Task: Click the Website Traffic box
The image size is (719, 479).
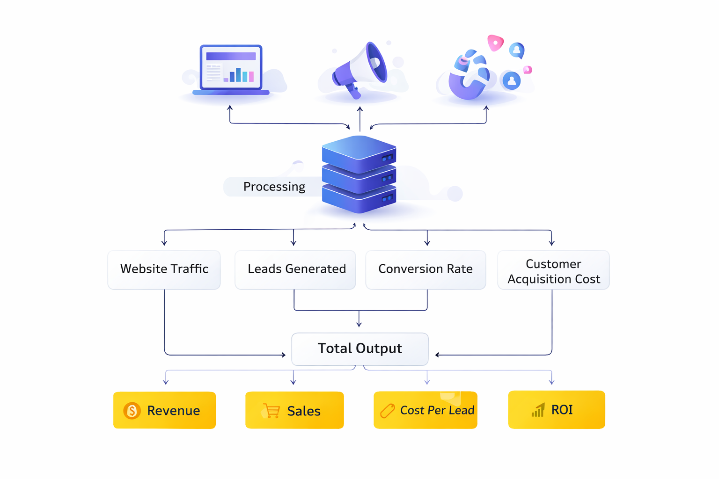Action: (x=164, y=269)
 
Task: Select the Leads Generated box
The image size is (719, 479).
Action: (x=295, y=269)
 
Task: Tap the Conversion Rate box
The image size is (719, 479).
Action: (x=426, y=269)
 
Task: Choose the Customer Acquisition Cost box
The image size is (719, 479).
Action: (x=553, y=270)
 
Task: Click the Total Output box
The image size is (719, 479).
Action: (x=359, y=348)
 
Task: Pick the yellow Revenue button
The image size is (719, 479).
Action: (x=164, y=410)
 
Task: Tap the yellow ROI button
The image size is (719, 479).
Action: (x=556, y=410)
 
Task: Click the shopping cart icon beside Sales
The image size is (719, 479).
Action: (x=271, y=411)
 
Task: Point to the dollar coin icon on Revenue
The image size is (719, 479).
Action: (x=132, y=411)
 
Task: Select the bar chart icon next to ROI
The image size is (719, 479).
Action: (x=538, y=410)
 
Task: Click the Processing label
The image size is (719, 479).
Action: (x=274, y=187)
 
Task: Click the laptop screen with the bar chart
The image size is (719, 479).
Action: (x=231, y=67)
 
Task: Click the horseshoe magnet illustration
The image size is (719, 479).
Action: (x=468, y=77)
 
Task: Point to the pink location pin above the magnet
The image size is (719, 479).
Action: (x=495, y=43)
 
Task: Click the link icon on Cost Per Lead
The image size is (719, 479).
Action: (x=388, y=411)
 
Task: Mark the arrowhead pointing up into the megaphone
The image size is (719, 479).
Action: (x=359, y=109)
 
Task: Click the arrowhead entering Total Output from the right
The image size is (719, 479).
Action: (x=437, y=355)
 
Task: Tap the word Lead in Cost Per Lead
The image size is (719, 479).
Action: (x=462, y=410)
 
